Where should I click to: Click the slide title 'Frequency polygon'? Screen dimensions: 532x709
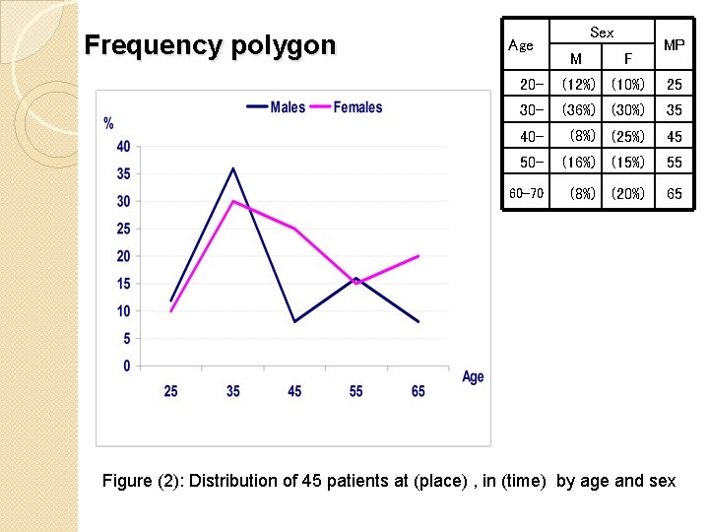coord(210,45)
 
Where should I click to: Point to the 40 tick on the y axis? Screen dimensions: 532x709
coord(123,147)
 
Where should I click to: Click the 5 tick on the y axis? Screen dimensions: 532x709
coord(126,339)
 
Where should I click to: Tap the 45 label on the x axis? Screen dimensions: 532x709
coord(294,391)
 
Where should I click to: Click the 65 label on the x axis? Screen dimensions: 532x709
coord(419,391)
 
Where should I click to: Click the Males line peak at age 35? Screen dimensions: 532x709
coord(232,168)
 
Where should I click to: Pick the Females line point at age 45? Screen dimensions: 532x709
coord(294,229)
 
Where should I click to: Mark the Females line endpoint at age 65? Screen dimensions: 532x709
coord(419,256)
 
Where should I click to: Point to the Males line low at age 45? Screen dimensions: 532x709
coord(294,321)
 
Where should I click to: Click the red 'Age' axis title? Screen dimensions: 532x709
coord(473,376)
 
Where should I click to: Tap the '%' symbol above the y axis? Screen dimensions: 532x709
coord(108,123)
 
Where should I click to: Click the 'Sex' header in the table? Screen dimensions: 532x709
coord(602,33)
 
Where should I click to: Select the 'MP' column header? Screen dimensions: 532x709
coord(675,45)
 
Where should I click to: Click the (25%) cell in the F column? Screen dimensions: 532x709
coord(627,136)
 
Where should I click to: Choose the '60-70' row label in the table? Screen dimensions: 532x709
coord(526,193)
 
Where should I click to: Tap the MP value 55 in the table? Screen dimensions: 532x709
coord(675,162)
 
